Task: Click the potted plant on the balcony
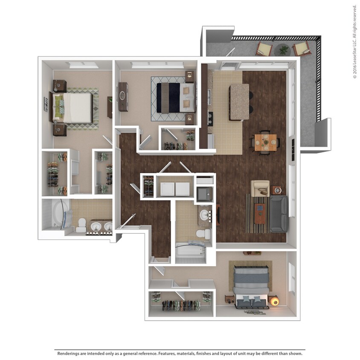284,50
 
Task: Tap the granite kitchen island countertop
239,102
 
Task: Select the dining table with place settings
265,141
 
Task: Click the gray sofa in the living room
279,214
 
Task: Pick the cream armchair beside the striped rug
260,188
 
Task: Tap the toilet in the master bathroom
81,224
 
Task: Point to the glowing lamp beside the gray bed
275,302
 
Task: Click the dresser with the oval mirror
123,96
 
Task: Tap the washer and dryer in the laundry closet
174,188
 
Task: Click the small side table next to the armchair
277,190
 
